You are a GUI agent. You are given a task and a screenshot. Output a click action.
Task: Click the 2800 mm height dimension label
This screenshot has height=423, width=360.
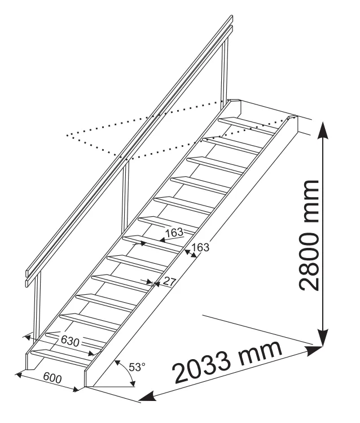(x=309, y=235)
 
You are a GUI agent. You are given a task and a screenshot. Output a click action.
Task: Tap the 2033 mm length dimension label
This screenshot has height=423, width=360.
(x=228, y=363)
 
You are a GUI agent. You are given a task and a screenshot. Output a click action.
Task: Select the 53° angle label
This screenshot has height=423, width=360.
(x=137, y=368)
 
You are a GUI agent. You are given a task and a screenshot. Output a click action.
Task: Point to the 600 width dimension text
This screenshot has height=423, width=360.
(x=52, y=378)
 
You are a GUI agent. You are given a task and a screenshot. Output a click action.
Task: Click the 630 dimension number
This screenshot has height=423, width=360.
(x=70, y=341)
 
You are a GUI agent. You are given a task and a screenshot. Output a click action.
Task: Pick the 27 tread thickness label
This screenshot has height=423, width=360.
(x=169, y=282)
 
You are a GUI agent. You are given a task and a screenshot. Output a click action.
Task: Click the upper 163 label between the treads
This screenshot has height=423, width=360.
(x=174, y=233)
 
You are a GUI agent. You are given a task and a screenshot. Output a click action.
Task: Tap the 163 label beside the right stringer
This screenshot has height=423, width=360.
(x=200, y=247)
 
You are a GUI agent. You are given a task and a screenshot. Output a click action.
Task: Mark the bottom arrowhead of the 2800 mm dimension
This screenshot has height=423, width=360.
(x=322, y=337)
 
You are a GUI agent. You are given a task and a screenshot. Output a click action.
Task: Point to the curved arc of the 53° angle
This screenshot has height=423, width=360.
(x=128, y=371)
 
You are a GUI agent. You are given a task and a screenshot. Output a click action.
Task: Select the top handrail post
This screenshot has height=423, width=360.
(x=225, y=72)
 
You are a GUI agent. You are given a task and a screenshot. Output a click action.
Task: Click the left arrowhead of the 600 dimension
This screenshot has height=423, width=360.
(x=19, y=374)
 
